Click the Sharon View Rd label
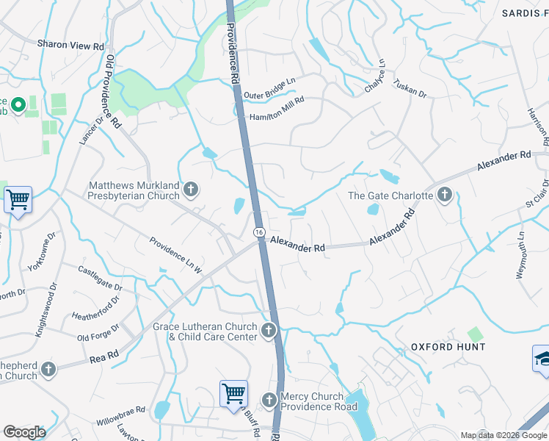(71, 45)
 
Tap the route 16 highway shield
(260, 232)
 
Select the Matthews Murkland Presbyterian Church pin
(191, 190)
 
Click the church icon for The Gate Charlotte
(444, 196)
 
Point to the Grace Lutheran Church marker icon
(269, 331)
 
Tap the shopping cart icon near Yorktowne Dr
(18, 198)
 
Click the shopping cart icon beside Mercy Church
(233, 393)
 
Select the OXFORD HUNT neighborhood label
(448, 346)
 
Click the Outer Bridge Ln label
(269, 95)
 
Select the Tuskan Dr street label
(410, 89)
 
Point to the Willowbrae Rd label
(120, 418)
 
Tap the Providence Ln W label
(176, 255)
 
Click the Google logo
(24, 432)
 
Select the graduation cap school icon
(541, 358)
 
